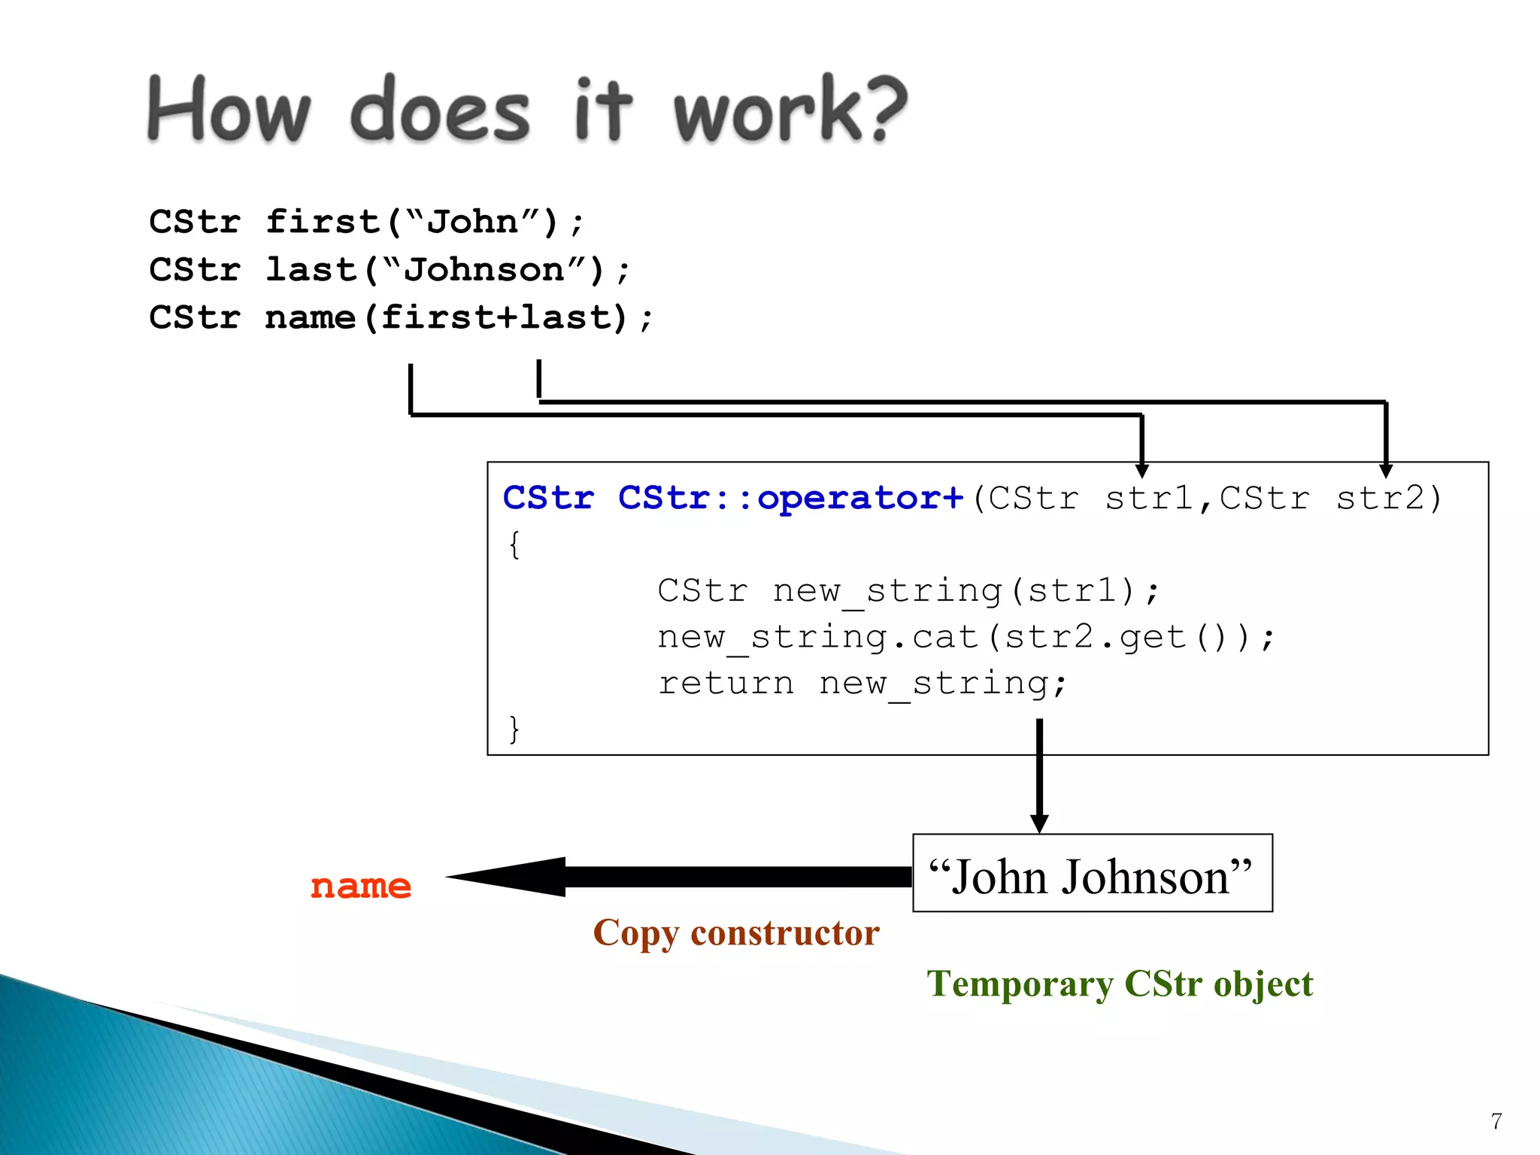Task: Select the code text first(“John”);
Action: pyautogui.click(x=424, y=222)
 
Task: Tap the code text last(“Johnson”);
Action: pyautogui.click(x=447, y=270)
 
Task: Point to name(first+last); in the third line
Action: pyautogui.click(x=459, y=317)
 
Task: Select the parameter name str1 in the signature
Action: pyautogui.click(x=1148, y=498)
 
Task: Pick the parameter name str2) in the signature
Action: pyautogui.click(x=1388, y=498)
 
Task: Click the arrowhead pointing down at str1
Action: pyautogui.click(x=1141, y=471)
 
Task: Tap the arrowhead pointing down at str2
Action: pyautogui.click(x=1386, y=471)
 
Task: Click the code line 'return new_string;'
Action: pyautogui.click(x=862, y=684)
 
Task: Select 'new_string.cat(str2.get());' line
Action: pyautogui.click(x=966, y=638)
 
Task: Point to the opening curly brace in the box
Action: pyautogui.click(x=514, y=544)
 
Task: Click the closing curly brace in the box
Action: pyautogui.click(x=514, y=729)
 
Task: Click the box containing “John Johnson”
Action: pyautogui.click(x=1092, y=874)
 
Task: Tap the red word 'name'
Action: pyautogui.click(x=361, y=886)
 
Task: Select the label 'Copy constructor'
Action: pyautogui.click(x=735, y=933)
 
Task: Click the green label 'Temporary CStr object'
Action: pyautogui.click(x=1119, y=984)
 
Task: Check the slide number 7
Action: pyautogui.click(x=1496, y=1121)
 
